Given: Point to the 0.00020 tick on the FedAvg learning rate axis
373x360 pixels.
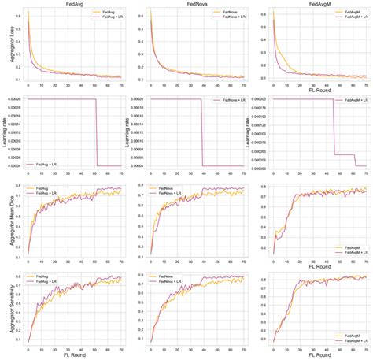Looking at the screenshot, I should pos(16,100).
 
